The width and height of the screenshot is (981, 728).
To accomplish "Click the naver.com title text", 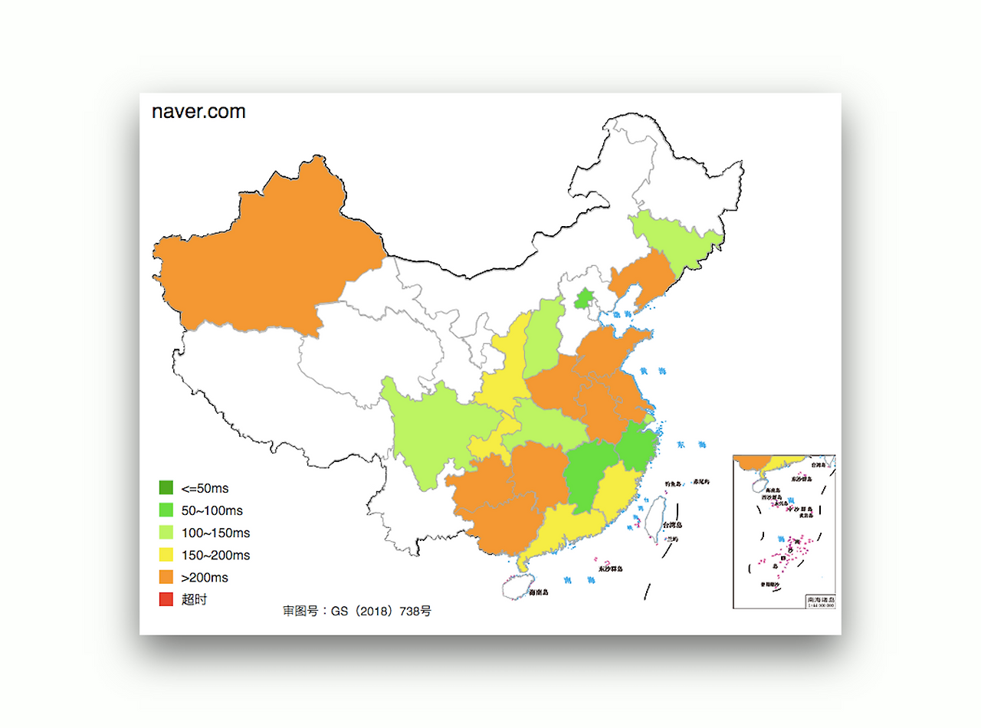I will [x=198, y=112].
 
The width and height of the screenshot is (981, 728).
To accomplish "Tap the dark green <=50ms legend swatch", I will [x=166, y=487].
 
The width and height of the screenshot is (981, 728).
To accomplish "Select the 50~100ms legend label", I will [x=212, y=510].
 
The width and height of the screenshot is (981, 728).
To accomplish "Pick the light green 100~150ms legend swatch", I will [x=166, y=533].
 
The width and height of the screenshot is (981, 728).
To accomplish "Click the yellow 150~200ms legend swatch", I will [x=166, y=555].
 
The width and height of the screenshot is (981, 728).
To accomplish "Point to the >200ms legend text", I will [x=205, y=578].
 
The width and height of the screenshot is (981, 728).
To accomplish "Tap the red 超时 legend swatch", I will [x=166, y=600].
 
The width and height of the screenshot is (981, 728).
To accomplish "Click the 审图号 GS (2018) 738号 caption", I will [x=357, y=612].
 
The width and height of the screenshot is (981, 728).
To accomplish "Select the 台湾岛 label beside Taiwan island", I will [x=673, y=526].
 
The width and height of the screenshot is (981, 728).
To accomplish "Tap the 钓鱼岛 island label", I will [x=672, y=484].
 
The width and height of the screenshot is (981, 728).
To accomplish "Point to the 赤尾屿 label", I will [x=701, y=482].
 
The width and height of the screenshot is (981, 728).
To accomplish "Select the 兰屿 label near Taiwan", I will [x=671, y=539].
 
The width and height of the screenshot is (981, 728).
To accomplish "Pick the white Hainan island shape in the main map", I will [x=514, y=589].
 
